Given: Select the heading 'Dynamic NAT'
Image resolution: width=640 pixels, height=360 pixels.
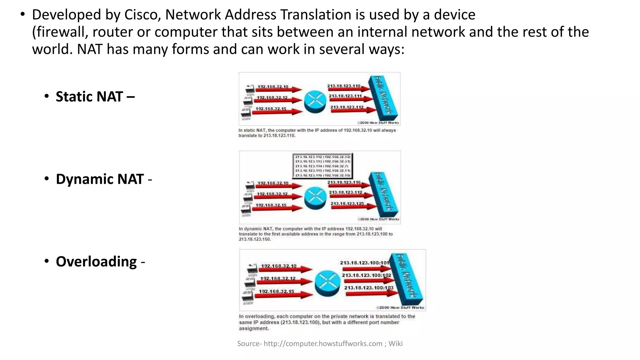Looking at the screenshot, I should pyautogui.click(x=100, y=179).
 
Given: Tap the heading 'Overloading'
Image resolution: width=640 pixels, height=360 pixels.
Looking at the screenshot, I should pyautogui.click(x=96, y=262).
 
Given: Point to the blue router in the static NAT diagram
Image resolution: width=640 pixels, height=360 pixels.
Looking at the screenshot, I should pyautogui.click(x=315, y=102).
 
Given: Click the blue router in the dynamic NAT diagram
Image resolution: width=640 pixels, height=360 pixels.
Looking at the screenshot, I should pyautogui.click(x=315, y=198).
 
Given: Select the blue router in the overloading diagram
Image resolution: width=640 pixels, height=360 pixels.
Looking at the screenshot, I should pyautogui.click(x=327, y=283).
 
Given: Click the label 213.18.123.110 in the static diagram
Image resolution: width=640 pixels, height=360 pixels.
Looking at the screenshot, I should pyautogui.click(x=344, y=86).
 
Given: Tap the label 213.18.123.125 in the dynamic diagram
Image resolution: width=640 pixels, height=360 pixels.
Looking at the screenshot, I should pyautogui.click(x=347, y=204).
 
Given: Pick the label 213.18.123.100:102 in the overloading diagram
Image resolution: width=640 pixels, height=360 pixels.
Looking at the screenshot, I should pyautogui.click(x=366, y=275).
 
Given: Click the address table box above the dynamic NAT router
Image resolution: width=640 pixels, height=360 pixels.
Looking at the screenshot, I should pyautogui.click(x=323, y=166).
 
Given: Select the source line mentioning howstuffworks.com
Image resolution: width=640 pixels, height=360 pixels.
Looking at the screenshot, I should pyautogui.click(x=320, y=344).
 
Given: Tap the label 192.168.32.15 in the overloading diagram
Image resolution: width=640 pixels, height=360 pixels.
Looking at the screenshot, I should pyautogui.click(x=276, y=292).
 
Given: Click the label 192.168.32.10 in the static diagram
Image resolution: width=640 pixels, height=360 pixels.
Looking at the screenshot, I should pyautogui.click(x=272, y=87).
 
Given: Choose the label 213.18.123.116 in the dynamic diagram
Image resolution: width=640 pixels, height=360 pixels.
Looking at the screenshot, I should pyautogui.click(x=344, y=182).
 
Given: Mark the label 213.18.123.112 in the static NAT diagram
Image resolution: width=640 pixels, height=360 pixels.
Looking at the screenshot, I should pyautogui.click(x=347, y=107).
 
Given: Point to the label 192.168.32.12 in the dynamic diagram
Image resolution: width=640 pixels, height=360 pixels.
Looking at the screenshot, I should pyautogui.click(x=272, y=194).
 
